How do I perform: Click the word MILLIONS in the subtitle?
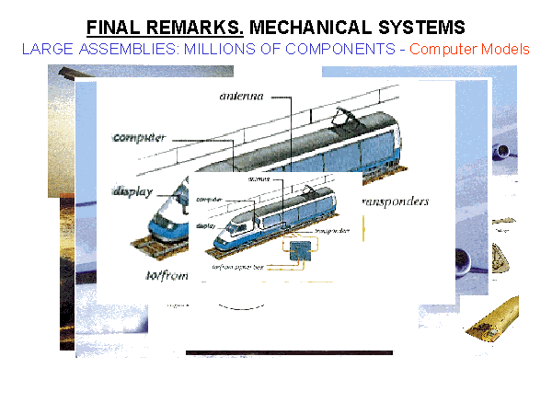point(228,48)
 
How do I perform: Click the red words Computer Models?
point(469,48)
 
